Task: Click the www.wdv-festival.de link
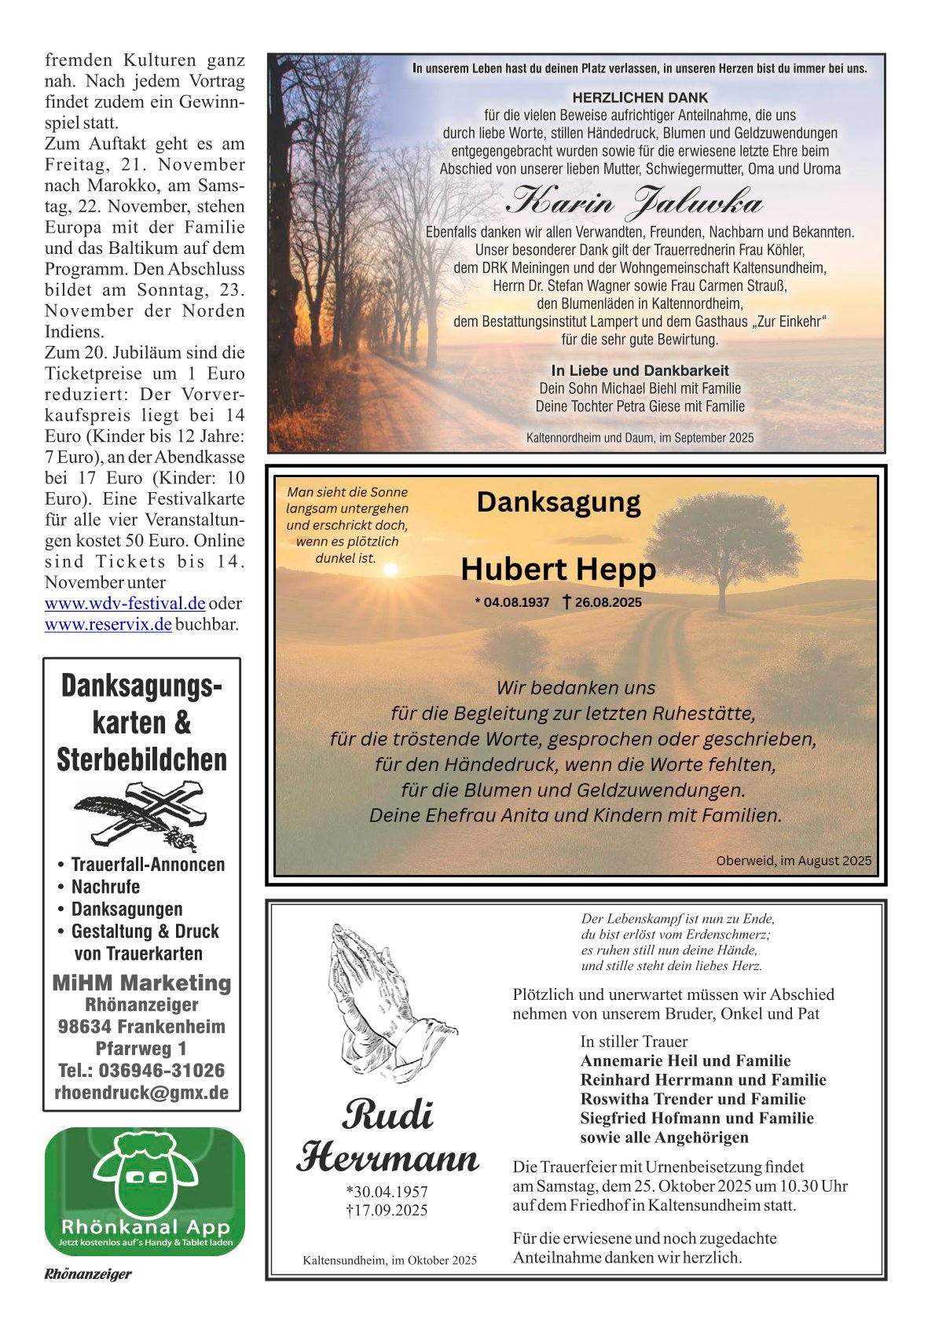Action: tap(125, 604)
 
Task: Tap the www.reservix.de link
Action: tap(108, 625)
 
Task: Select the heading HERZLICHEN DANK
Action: tap(640, 98)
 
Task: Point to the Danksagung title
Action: tap(558, 502)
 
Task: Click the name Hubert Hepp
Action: tap(558, 569)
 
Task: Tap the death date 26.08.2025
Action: tap(607, 603)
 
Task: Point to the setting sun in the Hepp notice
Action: tap(390, 569)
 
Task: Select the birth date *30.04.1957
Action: tap(387, 1192)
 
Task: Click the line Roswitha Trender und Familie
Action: tap(692, 1099)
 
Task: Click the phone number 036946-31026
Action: tap(161, 1071)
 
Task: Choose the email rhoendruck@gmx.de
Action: tap(141, 1093)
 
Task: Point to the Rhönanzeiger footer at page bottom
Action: tap(87, 1274)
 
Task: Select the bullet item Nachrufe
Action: tap(105, 887)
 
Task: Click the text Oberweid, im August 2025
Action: tap(794, 861)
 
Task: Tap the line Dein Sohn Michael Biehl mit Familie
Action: tap(640, 388)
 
